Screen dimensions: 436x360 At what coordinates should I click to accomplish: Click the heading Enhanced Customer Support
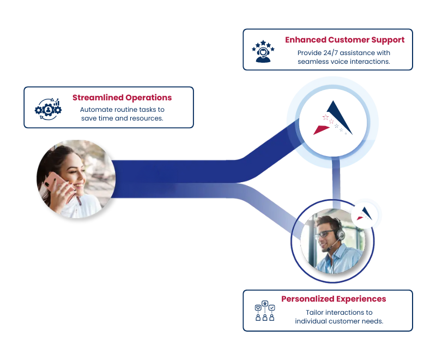[x=345, y=40]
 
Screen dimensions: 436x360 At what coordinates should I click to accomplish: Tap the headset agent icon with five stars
[x=263, y=51]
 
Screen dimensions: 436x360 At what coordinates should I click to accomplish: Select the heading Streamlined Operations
[x=122, y=98]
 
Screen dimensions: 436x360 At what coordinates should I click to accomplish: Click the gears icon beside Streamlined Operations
[x=48, y=109]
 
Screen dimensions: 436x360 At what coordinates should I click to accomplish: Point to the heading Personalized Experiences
[x=334, y=299]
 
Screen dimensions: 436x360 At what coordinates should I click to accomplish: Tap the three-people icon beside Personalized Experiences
[x=265, y=311]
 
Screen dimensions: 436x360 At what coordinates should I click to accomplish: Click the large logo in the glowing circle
[x=333, y=118]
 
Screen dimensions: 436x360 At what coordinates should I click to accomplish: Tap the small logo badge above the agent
[x=365, y=214]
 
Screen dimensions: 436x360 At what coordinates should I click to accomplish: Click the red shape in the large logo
[x=321, y=130]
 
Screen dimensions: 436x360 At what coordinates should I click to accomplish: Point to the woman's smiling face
[x=73, y=171]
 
